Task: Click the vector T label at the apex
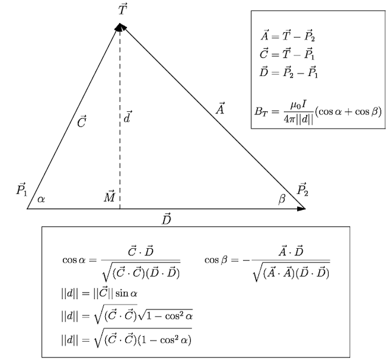[x=123, y=10]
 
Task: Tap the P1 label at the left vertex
[x=22, y=189]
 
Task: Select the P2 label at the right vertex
[x=303, y=189]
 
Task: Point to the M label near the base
[x=109, y=196]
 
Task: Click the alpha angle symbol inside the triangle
[x=41, y=199]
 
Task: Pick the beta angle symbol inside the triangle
[x=282, y=199]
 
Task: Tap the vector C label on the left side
[x=81, y=122]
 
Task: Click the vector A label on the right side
[x=220, y=108]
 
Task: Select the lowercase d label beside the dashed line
[x=128, y=117]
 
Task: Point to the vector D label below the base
[x=167, y=219]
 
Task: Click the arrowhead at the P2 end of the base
[x=301, y=209]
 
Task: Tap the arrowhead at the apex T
[x=120, y=27]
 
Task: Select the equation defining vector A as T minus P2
[x=287, y=36]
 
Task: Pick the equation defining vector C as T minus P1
[x=287, y=54]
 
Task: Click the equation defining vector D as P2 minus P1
[x=288, y=72]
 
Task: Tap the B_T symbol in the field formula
[x=261, y=111]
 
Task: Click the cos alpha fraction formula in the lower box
[x=122, y=263]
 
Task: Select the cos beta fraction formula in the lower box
[x=267, y=263]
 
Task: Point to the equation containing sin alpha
[x=99, y=293]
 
